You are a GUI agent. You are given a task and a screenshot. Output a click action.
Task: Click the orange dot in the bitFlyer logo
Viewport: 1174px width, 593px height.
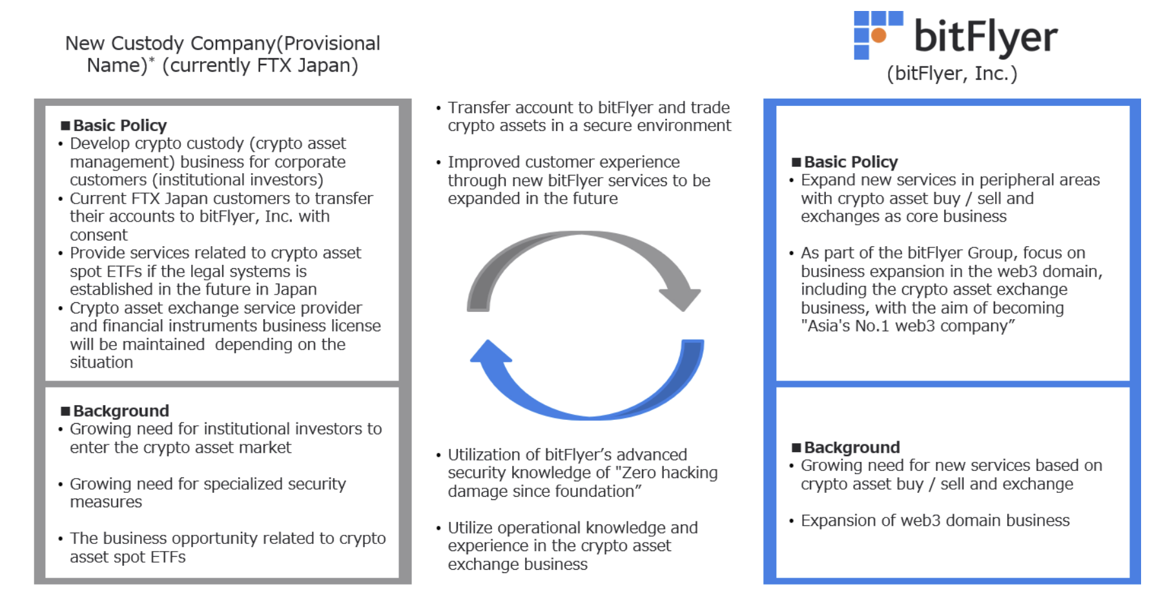coord(879,35)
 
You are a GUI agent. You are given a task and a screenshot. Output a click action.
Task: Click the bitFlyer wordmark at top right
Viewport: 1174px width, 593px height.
coord(985,36)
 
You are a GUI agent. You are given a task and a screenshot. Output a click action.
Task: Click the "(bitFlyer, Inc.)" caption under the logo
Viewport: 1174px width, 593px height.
coord(952,74)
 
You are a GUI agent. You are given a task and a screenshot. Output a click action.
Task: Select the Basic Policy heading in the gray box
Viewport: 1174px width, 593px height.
coord(119,125)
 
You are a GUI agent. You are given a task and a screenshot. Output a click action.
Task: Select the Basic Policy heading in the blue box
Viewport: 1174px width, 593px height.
coord(850,162)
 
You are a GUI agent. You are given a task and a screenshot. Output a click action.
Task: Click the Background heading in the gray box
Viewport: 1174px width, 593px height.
coord(121,411)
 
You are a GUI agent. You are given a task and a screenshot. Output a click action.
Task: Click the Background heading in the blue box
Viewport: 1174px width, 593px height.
coord(852,448)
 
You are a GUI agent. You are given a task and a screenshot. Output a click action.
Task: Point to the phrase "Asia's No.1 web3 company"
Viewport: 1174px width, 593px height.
coord(907,326)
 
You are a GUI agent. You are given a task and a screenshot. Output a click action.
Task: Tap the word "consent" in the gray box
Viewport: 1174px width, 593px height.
coord(99,235)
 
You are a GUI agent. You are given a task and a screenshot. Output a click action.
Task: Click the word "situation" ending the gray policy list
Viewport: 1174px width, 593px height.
coord(101,362)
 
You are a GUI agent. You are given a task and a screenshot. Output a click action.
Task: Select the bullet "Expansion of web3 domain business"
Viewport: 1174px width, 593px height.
coord(935,521)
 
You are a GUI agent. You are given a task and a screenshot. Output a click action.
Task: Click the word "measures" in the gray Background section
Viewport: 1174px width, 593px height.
coord(106,502)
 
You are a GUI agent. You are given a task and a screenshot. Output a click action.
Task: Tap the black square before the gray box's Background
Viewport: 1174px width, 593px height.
coord(65,411)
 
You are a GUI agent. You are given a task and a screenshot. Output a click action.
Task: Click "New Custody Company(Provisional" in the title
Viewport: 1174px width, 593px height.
coord(223,43)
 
